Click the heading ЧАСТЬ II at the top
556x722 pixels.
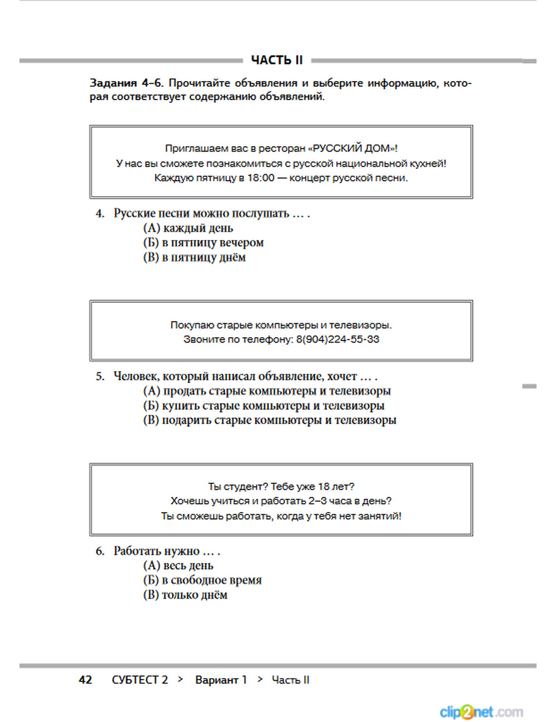click(x=276, y=60)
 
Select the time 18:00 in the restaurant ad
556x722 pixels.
click(x=261, y=178)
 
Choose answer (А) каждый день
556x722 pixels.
click(x=188, y=228)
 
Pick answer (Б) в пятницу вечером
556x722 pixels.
click(x=203, y=243)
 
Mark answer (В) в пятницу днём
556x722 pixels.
click(x=194, y=258)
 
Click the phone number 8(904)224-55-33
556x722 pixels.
click(x=337, y=339)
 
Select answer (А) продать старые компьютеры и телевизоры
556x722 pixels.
click(x=267, y=391)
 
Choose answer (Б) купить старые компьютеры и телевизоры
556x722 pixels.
click(x=264, y=406)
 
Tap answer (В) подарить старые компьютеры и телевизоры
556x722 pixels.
click(x=270, y=420)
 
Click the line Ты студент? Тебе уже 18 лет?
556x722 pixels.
click(x=281, y=487)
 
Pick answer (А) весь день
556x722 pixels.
click(x=178, y=566)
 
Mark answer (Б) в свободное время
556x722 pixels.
click(x=202, y=580)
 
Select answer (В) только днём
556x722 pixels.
click(x=185, y=595)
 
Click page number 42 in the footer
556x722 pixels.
click(x=86, y=680)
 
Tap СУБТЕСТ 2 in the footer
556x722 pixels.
click(x=140, y=680)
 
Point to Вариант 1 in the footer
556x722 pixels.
click(x=221, y=680)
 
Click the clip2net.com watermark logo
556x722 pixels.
click(x=481, y=711)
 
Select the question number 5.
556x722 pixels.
click(x=100, y=377)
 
